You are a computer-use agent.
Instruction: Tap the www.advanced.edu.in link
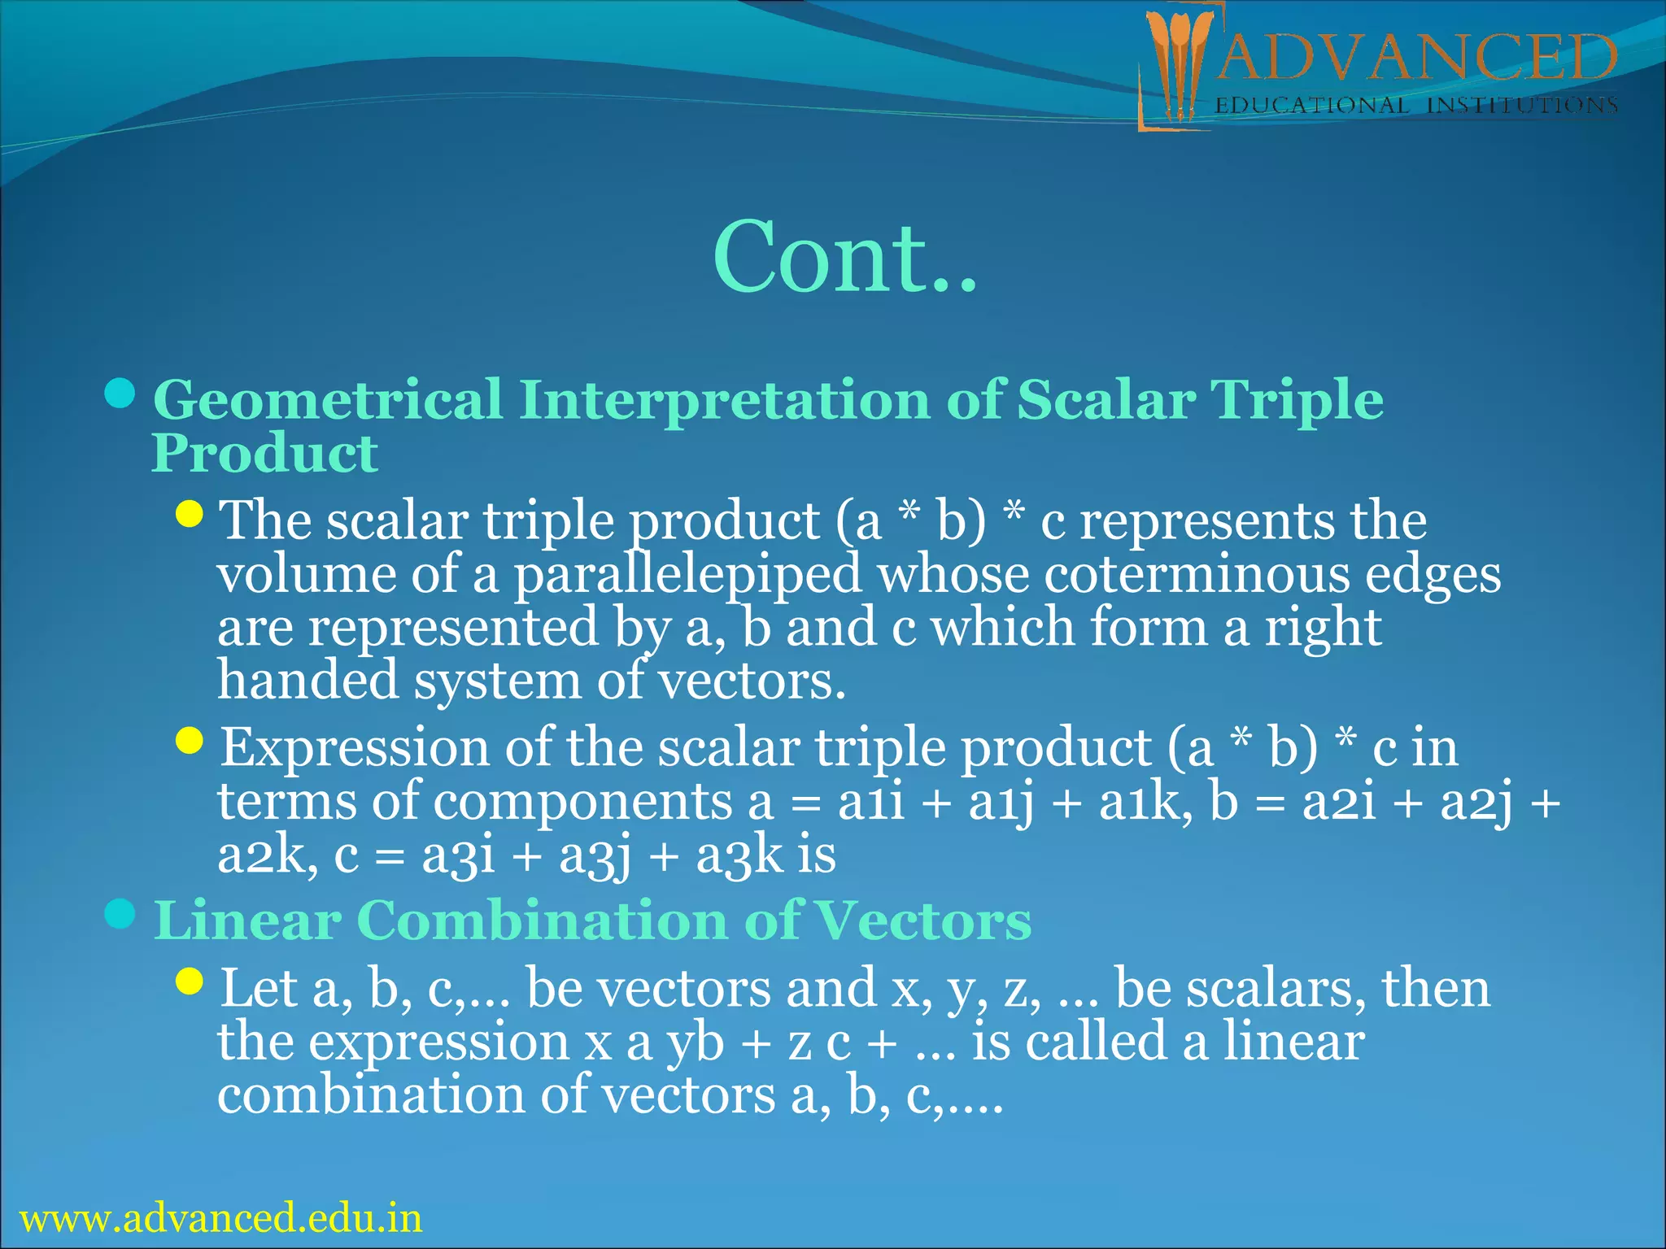click(220, 1218)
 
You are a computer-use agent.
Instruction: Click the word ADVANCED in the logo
click(1415, 59)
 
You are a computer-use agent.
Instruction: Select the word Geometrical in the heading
click(328, 400)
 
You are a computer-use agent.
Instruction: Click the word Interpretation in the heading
click(724, 400)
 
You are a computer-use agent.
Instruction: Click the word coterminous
click(1196, 574)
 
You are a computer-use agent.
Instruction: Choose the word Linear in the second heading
click(247, 920)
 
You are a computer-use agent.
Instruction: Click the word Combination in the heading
click(540, 920)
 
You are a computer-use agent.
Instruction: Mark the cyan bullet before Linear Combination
click(120, 914)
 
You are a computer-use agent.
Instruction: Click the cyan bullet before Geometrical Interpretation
click(120, 394)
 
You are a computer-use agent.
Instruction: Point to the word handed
click(307, 680)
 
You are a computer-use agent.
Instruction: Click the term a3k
click(739, 855)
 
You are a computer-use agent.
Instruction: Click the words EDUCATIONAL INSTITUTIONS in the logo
click(1415, 106)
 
